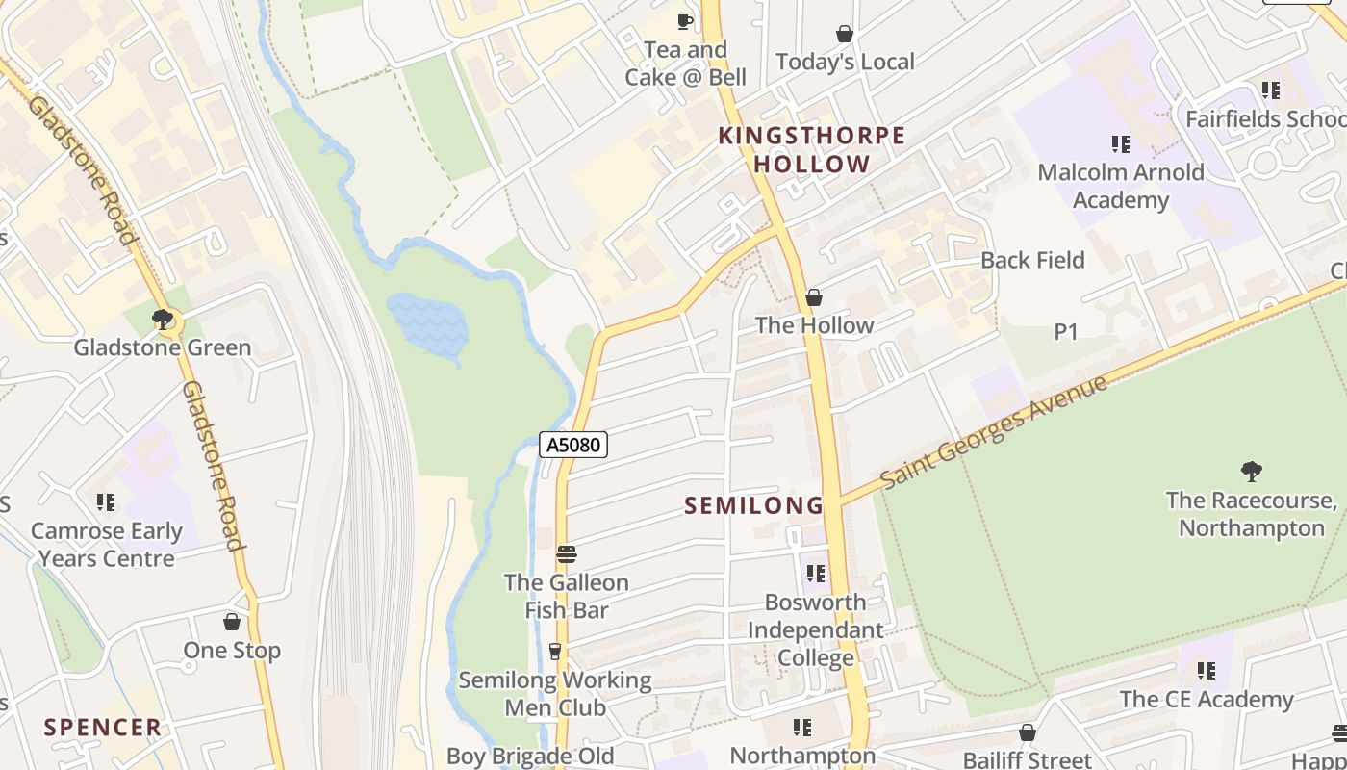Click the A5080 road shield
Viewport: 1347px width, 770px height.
click(x=573, y=444)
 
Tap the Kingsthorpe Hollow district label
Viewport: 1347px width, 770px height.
click(x=812, y=149)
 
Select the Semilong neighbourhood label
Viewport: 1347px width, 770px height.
click(x=753, y=504)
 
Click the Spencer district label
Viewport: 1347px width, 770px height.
click(x=102, y=727)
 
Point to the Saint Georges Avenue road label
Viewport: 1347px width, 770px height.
click(x=993, y=431)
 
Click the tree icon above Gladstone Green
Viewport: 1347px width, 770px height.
click(x=163, y=319)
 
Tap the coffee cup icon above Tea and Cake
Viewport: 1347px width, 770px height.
click(x=685, y=21)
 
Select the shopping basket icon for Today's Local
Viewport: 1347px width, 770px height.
click(x=845, y=34)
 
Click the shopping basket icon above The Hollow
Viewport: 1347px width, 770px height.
click(x=814, y=297)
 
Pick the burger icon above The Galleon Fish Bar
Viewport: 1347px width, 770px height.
click(x=567, y=554)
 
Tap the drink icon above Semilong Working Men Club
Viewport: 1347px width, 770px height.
click(x=554, y=652)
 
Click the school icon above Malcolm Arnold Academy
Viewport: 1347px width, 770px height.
click(x=1120, y=144)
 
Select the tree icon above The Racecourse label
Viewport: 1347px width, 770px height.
click(x=1251, y=471)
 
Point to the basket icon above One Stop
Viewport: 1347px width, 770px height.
click(x=231, y=622)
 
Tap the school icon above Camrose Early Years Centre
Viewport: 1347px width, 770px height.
click(x=106, y=502)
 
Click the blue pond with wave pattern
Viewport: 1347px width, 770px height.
click(x=428, y=325)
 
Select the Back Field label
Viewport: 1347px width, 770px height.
click(x=1031, y=260)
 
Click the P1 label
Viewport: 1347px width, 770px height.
click(x=1065, y=332)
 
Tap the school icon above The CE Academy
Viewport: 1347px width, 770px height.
click(x=1206, y=671)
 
